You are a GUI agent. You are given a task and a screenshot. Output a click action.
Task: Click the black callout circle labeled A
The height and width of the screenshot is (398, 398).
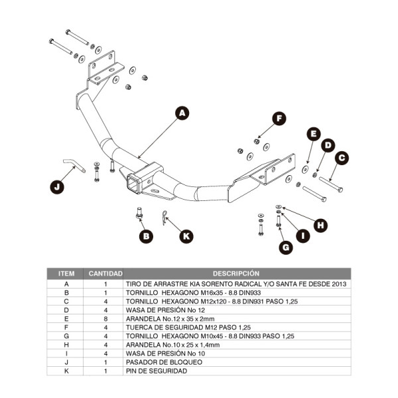point(182,113)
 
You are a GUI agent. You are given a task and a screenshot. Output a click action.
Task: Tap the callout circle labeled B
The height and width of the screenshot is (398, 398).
point(145,235)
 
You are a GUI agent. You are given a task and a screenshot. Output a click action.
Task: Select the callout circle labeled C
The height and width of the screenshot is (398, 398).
point(342,158)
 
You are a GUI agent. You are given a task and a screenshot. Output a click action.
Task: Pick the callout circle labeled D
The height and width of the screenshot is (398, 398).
point(327,145)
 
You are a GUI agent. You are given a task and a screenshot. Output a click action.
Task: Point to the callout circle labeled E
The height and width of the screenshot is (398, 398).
point(312,134)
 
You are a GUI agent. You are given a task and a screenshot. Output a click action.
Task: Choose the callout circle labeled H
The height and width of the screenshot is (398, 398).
point(321,225)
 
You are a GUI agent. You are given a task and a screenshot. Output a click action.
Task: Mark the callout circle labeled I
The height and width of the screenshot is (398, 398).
point(303,235)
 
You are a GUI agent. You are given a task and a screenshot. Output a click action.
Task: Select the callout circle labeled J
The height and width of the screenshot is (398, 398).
point(58,187)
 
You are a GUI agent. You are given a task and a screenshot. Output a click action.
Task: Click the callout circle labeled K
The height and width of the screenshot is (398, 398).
point(186,235)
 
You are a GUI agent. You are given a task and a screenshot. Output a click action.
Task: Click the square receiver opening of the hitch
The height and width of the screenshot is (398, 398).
point(135,182)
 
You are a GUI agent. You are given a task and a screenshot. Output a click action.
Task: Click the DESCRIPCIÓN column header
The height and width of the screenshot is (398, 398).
point(236,273)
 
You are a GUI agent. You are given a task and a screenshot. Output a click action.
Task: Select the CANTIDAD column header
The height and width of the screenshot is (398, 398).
point(105,273)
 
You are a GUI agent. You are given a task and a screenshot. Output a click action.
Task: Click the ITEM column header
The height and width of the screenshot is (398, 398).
point(66,273)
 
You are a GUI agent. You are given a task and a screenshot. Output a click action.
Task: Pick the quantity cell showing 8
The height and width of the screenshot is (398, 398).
point(105,318)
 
